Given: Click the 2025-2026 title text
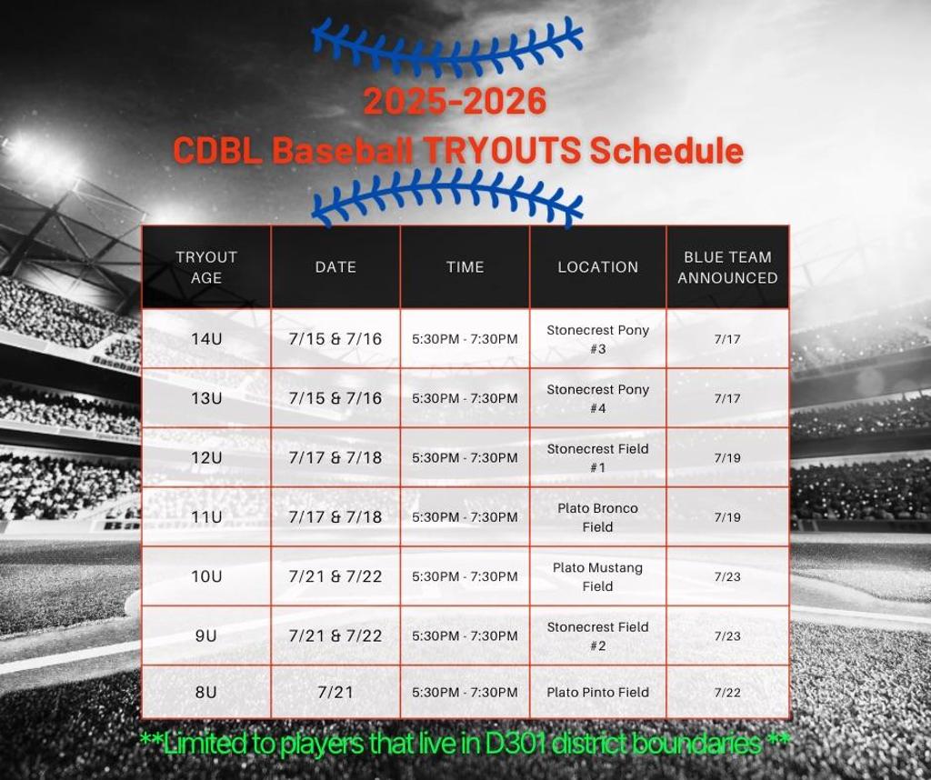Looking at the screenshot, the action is [x=455, y=101].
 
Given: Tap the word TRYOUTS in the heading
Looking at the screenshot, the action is [x=502, y=150].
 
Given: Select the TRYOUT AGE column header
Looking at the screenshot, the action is [x=206, y=267].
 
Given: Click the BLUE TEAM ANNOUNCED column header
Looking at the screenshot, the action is [x=727, y=267].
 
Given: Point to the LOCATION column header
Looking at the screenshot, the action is [x=598, y=267].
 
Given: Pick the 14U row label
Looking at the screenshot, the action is [x=206, y=339].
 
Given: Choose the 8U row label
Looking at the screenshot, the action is [x=206, y=692].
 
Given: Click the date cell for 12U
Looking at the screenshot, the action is [x=335, y=457].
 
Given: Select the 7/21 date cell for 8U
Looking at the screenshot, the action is [x=335, y=692].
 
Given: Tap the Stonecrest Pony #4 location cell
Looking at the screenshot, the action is [x=598, y=398].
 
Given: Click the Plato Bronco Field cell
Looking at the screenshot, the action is [x=598, y=517].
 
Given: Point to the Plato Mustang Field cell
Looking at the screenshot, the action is [x=598, y=576].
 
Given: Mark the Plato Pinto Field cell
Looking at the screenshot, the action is [x=598, y=692].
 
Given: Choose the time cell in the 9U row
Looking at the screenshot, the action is [x=465, y=635].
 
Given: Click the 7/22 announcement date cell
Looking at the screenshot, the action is [x=727, y=692].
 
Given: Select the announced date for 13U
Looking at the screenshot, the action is [x=727, y=398].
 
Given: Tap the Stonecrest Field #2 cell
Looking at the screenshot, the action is [x=598, y=635].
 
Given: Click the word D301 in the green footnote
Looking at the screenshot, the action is [x=516, y=744].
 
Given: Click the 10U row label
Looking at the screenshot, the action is [x=206, y=576].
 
